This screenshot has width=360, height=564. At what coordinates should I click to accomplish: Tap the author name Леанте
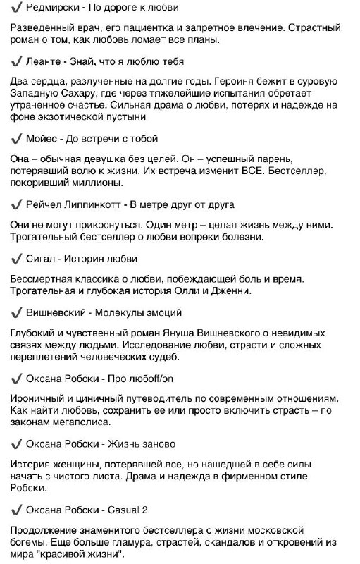[x=44, y=61]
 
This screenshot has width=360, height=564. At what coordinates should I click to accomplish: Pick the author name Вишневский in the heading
[x=59, y=312]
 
